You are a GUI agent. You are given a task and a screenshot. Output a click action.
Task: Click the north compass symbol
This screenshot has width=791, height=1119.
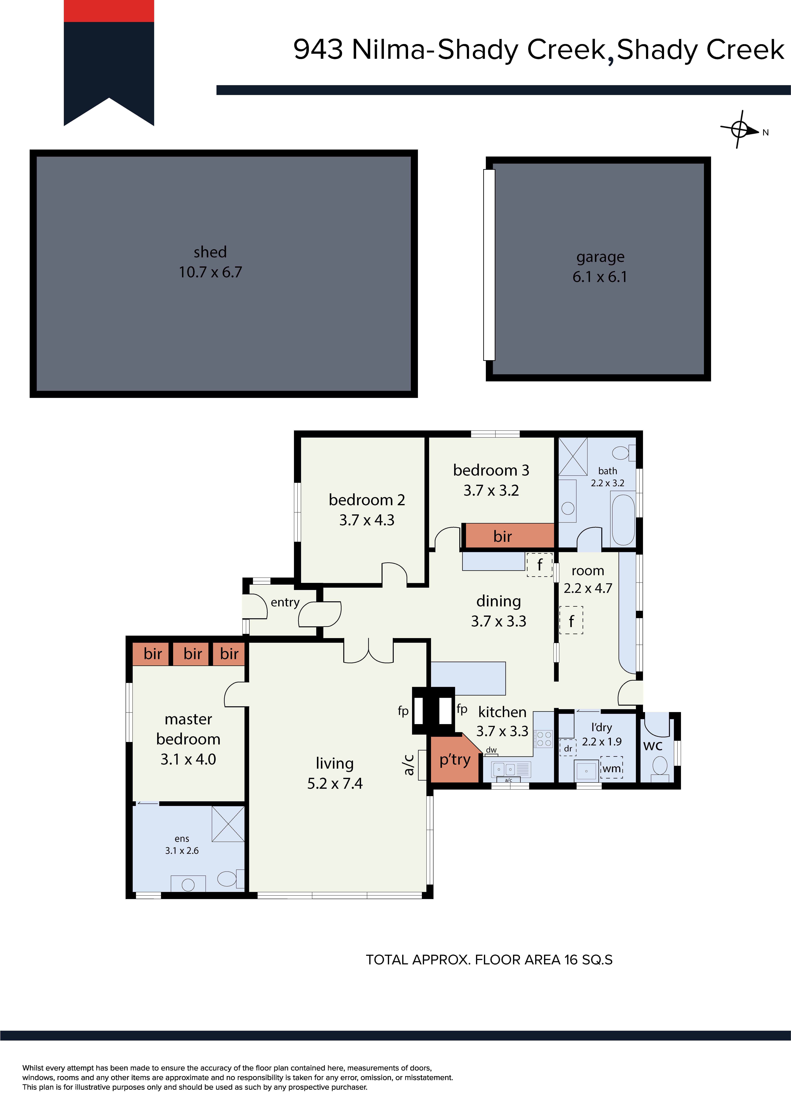pyautogui.click(x=739, y=130)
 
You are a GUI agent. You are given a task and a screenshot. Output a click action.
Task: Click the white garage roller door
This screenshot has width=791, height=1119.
pyautogui.click(x=489, y=265)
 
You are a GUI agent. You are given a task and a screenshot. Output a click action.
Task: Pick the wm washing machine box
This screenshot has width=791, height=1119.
pyautogui.click(x=612, y=769)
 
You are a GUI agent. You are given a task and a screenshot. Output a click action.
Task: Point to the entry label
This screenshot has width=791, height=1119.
pyautogui.click(x=285, y=602)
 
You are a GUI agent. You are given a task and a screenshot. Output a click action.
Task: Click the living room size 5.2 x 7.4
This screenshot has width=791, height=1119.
pyautogui.click(x=335, y=783)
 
